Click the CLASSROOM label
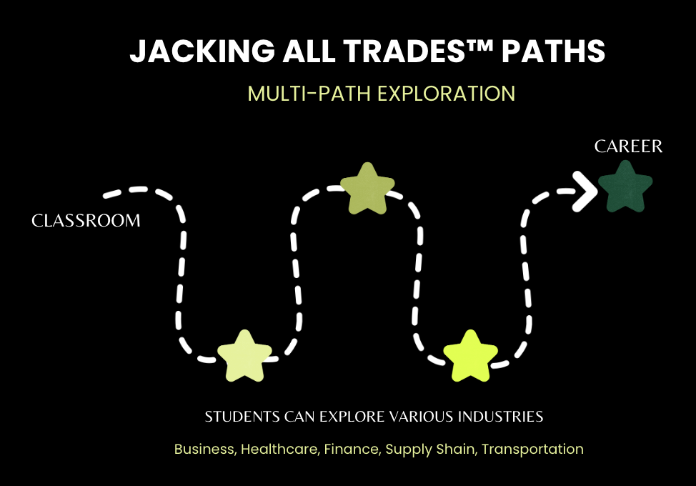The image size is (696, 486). pyautogui.click(x=86, y=221)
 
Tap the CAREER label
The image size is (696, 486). pyautogui.click(x=629, y=147)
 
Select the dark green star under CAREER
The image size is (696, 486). pyautogui.click(x=625, y=187)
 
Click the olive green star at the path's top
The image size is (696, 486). pyautogui.click(x=367, y=188)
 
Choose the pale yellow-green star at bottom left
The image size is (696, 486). pyautogui.click(x=244, y=355)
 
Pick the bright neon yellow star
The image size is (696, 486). pyautogui.click(x=470, y=355)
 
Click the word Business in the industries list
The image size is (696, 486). pyautogui.click(x=204, y=450)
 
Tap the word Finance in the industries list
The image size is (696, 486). pyautogui.click(x=349, y=450)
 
